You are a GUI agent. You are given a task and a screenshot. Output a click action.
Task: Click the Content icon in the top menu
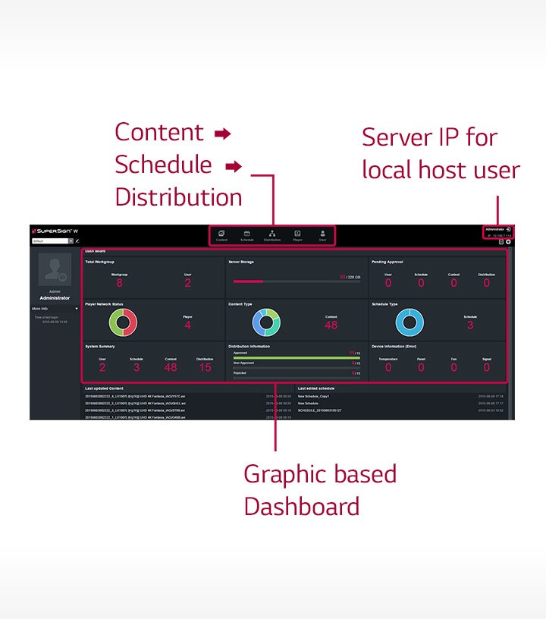click(x=221, y=234)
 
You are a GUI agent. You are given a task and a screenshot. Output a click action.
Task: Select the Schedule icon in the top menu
click(x=246, y=234)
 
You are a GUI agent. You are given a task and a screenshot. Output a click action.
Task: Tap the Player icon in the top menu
click(x=297, y=234)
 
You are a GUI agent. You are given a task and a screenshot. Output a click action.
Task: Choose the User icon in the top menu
click(x=322, y=234)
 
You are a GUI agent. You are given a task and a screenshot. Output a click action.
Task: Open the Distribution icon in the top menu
click(x=272, y=234)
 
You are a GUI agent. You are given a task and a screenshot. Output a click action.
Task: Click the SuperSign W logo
click(x=55, y=230)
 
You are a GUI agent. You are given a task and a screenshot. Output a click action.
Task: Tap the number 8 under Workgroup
click(x=119, y=284)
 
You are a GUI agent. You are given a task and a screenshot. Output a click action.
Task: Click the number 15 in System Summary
click(x=205, y=367)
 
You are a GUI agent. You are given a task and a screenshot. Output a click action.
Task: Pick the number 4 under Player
click(x=187, y=325)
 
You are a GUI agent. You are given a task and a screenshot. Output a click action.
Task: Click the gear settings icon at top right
click(x=508, y=242)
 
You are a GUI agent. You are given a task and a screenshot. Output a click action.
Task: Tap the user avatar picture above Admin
click(x=54, y=271)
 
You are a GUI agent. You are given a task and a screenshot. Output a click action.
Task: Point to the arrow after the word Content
click(x=221, y=134)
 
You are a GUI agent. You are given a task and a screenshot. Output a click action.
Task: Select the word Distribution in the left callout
click(x=178, y=197)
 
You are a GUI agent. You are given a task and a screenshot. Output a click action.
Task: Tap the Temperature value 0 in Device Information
click(x=388, y=367)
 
